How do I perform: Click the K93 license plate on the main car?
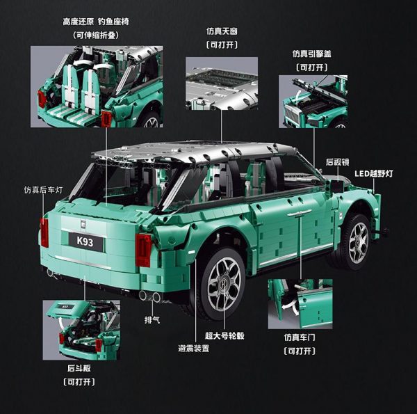pos(85,241)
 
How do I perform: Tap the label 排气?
pos(152,319)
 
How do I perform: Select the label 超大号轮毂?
pos(224,335)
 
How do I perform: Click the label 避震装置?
pos(194,348)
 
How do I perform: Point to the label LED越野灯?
pos(374,174)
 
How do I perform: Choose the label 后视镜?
pos(338,162)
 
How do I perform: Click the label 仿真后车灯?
pos(43,190)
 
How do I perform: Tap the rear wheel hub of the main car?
pos(224,284)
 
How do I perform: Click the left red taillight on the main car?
pos(44,232)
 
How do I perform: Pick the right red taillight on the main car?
pos(143,250)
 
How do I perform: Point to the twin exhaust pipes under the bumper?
pos(150,296)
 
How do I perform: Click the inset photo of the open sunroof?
pos(222,83)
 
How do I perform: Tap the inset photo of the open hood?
pos(313,102)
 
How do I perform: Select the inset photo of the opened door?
pos(300,304)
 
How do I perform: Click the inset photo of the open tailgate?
pos(81,330)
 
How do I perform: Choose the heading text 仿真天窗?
pos(222,31)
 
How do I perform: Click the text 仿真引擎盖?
pos(311,54)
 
